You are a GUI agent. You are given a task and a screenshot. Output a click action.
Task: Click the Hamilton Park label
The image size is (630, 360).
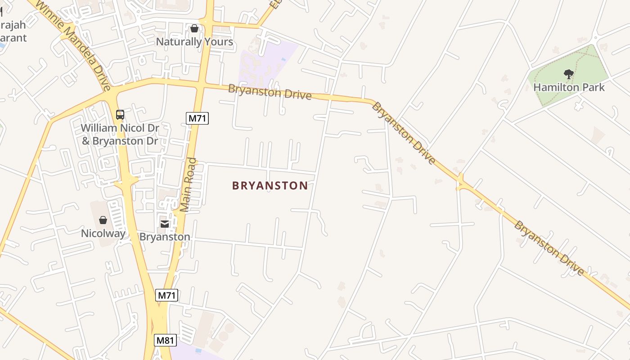pos(569,87)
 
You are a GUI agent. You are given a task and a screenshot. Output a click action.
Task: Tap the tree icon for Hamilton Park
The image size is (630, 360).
pos(569,74)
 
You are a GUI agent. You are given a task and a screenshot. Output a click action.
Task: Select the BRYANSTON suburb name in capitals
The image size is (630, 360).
pos(270,185)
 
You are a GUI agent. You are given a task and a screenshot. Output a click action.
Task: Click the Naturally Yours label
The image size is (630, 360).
pos(194,42)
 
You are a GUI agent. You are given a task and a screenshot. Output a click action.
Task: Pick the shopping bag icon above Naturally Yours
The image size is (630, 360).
pos(194,28)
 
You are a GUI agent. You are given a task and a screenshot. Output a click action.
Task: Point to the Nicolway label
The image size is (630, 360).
pos(103,233)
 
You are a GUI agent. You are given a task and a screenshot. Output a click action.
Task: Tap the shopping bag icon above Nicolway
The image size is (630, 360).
pos(103,220)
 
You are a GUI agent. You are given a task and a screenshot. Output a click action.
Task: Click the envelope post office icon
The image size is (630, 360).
pos(165,224)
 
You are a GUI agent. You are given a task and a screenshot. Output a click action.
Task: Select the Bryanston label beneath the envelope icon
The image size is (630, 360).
pos(165,237)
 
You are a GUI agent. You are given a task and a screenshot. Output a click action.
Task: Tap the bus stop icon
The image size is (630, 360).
pos(120,115)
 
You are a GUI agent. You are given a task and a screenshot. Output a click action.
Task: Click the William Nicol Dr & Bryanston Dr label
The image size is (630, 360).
pos(120,134)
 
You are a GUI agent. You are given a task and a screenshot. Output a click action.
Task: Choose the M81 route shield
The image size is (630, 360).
pos(165,340)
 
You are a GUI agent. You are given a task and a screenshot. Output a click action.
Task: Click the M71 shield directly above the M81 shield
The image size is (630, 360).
pos(167,296)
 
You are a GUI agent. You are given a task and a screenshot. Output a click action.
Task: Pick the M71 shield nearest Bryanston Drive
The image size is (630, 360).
pos(197,118)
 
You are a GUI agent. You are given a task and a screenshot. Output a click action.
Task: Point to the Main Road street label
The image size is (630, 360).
pos(189,184)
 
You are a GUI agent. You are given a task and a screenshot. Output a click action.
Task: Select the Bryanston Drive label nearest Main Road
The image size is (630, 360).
pos(270,92)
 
